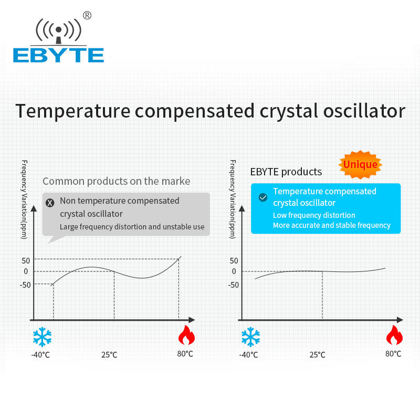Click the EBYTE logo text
point(58,56)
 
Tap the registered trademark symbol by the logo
point(87,16)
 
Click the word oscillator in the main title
point(364,111)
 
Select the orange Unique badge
point(360,164)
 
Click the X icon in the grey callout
point(50,203)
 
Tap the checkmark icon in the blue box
point(263,197)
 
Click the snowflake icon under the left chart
point(42,337)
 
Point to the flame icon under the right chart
point(394,335)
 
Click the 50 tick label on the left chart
point(26,260)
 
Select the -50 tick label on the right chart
point(233,285)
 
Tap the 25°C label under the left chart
point(109,355)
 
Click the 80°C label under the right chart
point(393,353)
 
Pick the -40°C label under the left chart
point(40,355)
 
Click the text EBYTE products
point(286,172)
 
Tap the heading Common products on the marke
point(116,181)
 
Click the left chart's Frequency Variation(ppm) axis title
point(24,199)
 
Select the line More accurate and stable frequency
point(332,225)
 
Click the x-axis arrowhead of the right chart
point(400,320)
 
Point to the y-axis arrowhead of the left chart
point(34,208)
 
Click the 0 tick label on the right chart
point(234,271)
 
